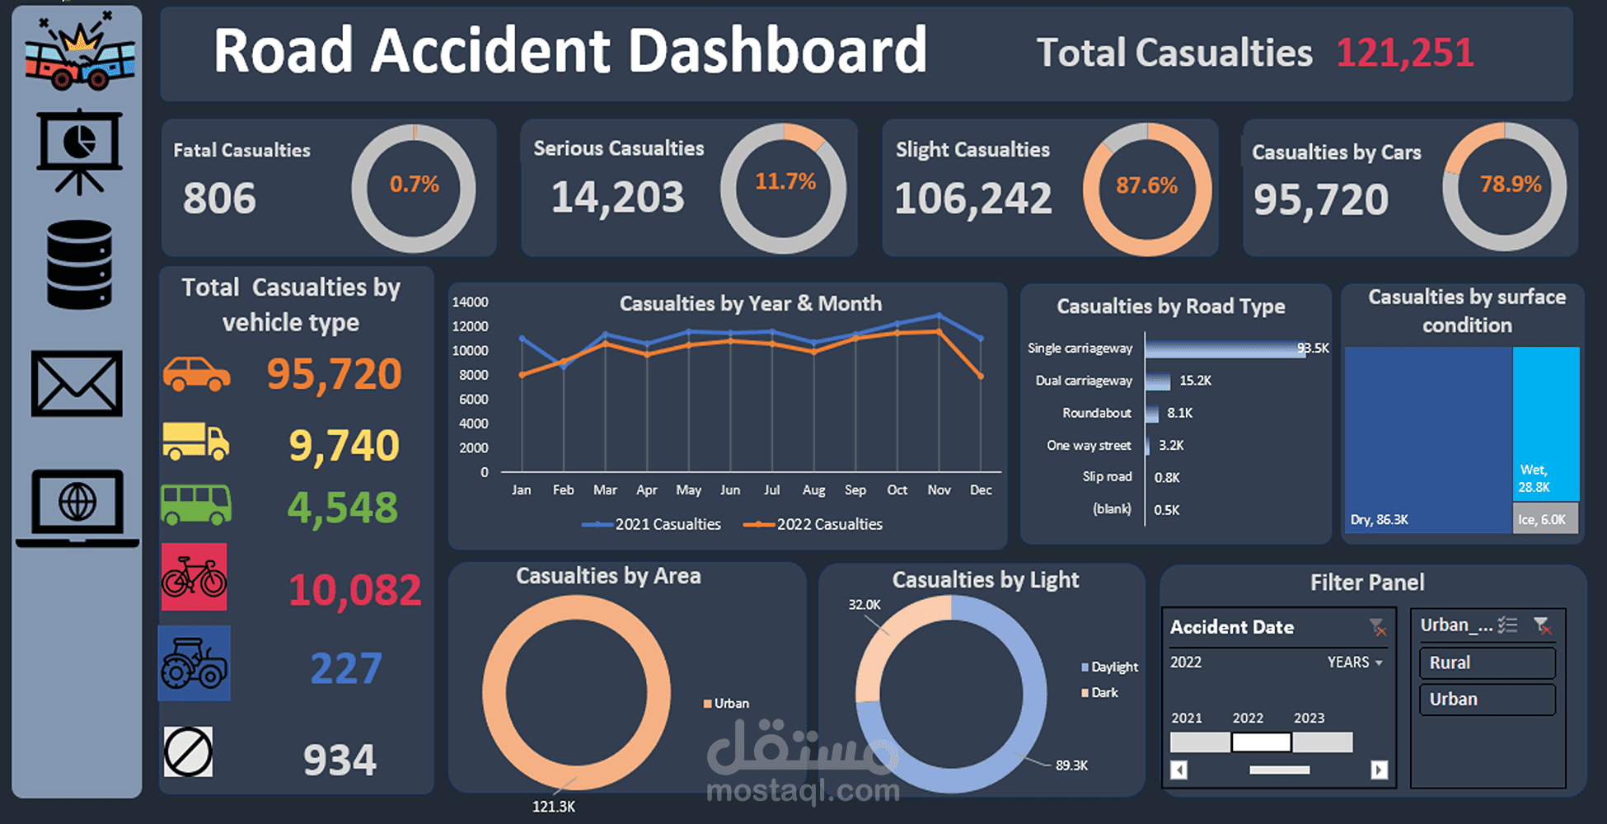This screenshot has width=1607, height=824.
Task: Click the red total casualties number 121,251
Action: pos(1404,53)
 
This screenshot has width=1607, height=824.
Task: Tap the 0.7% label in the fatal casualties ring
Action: pos(414,184)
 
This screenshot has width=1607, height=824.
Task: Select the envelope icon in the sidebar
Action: pos(77,384)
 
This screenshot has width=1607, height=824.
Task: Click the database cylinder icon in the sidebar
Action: pos(79,265)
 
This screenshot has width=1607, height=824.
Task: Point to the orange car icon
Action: pos(196,374)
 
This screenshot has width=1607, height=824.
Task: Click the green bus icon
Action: pos(196,504)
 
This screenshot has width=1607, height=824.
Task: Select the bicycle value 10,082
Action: pos(354,590)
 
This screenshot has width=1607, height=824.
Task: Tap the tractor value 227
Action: pos(346,668)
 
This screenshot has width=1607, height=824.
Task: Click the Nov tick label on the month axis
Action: pos(939,489)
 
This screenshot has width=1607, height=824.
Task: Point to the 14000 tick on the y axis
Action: pos(470,302)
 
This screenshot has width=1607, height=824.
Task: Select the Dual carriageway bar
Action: pos(1158,381)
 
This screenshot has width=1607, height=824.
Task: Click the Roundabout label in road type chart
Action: pos(1096,413)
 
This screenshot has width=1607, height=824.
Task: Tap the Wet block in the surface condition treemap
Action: pos(1546,420)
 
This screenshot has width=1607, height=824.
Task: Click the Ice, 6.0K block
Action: pos(1545,519)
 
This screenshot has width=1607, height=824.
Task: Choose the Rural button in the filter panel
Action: pos(1487,662)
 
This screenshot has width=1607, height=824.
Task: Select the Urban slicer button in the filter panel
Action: pos(1487,699)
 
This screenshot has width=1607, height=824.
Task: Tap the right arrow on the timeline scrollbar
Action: pos(1379,770)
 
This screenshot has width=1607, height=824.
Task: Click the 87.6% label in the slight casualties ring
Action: pos(1146,185)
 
